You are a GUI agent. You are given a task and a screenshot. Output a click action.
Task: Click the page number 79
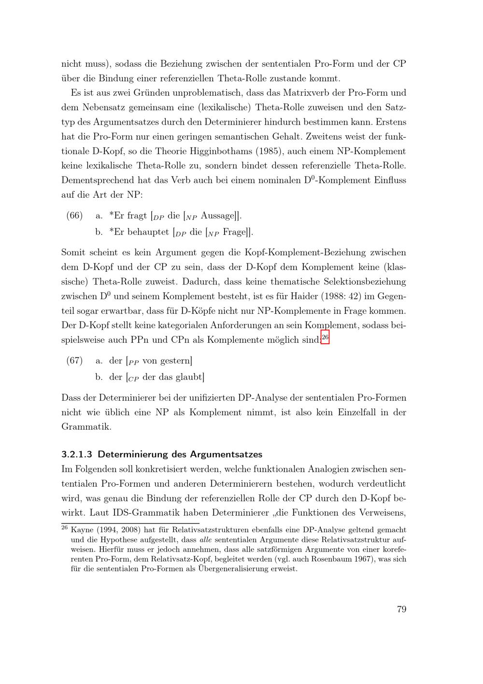click(x=401, y=609)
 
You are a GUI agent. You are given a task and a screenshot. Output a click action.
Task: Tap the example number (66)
click(x=74, y=216)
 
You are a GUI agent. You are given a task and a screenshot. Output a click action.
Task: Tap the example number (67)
click(x=74, y=361)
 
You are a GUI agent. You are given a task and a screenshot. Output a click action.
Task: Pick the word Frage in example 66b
click(x=234, y=232)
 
